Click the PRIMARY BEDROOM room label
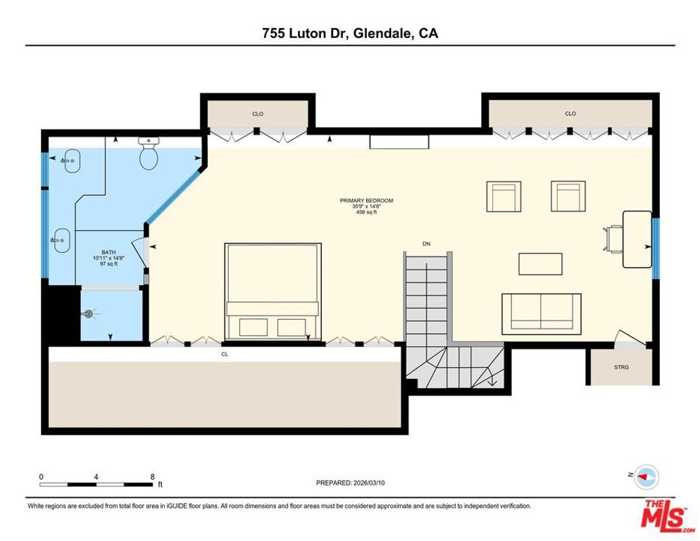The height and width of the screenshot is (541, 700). tap(366, 201)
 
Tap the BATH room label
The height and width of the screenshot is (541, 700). tap(108, 252)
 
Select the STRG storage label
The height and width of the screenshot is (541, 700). tap(620, 367)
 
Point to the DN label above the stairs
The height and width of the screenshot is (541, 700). tap(426, 244)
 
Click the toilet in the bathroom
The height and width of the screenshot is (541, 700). tap(149, 156)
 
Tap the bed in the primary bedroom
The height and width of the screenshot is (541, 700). tap(273, 291)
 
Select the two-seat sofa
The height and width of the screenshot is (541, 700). tap(541, 313)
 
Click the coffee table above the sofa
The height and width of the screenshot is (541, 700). tap(540, 263)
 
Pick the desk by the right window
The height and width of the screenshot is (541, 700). tap(637, 239)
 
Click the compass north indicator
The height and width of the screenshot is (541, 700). tap(646, 477)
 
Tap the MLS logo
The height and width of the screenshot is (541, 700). tap(665, 515)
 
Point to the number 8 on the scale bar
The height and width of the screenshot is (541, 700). tap(153, 477)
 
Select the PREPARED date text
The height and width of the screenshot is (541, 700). tap(351, 483)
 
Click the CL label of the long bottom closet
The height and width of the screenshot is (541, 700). tap(225, 354)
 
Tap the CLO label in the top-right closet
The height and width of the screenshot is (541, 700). tap(570, 113)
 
